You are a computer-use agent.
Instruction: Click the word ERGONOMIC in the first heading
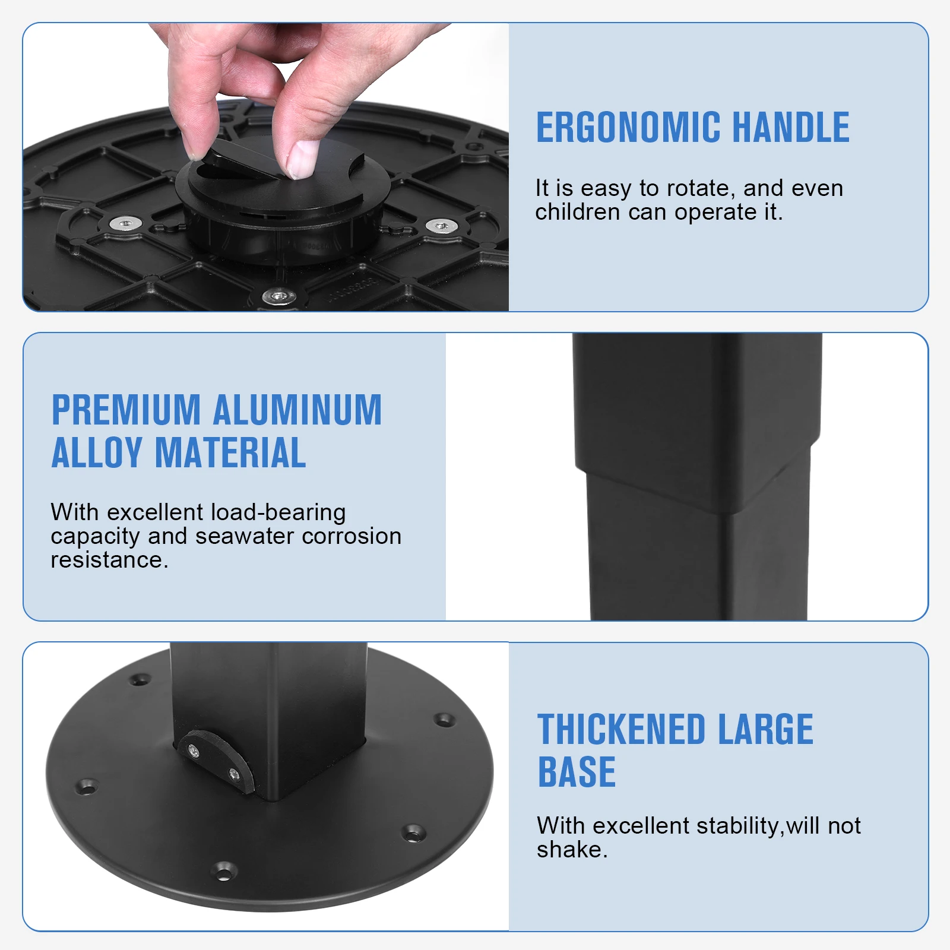[x=628, y=128]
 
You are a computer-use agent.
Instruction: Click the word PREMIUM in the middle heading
[x=126, y=410]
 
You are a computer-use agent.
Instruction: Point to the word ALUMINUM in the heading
[x=297, y=410]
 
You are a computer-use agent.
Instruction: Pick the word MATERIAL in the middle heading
[x=230, y=453]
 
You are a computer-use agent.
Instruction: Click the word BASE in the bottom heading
[x=577, y=772]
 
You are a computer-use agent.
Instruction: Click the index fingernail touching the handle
[x=302, y=159]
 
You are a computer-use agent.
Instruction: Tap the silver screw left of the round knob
[x=126, y=224]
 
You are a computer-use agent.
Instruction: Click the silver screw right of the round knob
[x=441, y=226]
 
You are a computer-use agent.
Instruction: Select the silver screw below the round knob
[x=279, y=295]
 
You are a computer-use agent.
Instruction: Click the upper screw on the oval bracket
[x=194, y=751]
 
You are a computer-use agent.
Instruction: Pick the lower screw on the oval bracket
[x=233, y=774]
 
